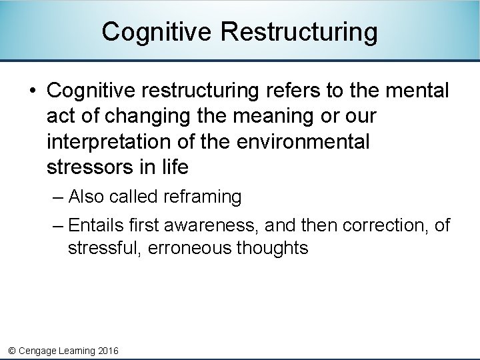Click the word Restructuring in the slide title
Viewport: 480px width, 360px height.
pos(299,31)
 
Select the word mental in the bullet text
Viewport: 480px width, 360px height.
pos(417,90)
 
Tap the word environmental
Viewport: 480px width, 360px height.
pos(300,141)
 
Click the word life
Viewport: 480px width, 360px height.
pos(175,167)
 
